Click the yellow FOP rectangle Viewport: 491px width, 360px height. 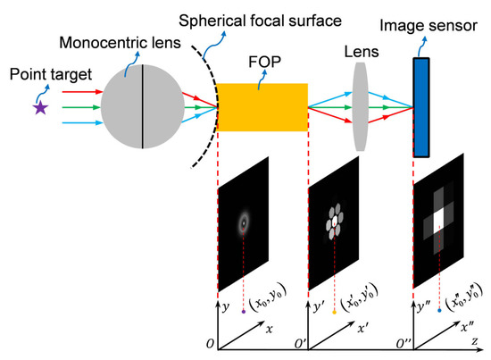[x=262, y=107]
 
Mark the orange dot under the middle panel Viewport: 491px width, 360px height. [x=335, y=313]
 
